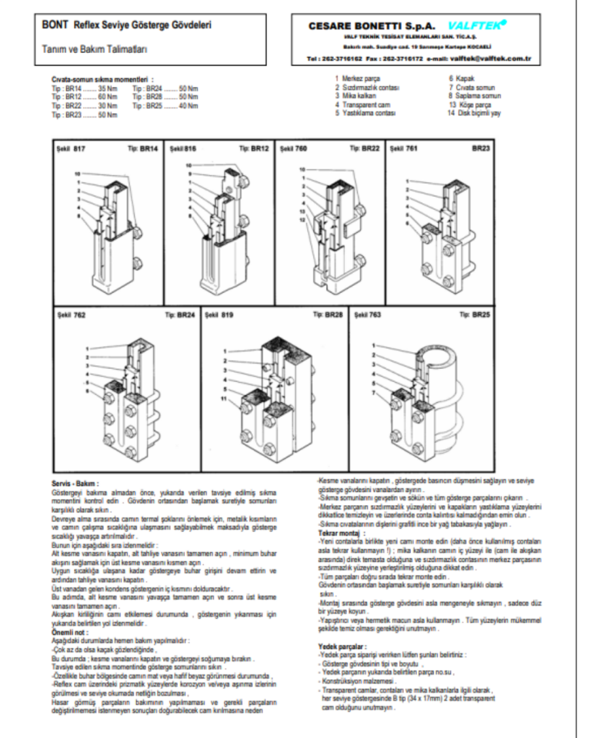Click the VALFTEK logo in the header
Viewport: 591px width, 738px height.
[x=481, y=25]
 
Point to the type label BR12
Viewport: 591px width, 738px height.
[x=258, y=147]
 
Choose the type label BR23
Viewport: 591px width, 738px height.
[x=481, y=147]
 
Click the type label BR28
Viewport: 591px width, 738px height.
[x=333, y=314]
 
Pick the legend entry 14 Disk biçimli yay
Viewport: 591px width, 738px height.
[x=474, y=113]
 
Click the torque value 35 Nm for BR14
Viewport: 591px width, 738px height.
[x=109, y=90]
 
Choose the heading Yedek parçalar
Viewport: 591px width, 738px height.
[x=342, y=648]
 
